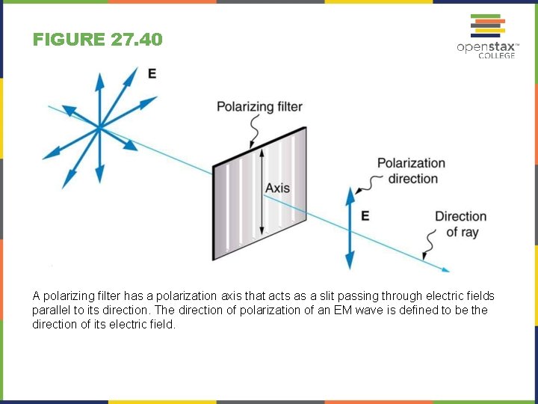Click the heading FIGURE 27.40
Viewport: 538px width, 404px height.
tap(97, 40)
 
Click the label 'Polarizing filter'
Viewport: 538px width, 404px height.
tap(259, 106)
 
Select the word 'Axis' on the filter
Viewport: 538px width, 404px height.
tap(277, 188)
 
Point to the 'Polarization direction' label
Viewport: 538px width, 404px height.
tap(410, 171)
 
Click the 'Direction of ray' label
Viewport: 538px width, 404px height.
tap(460, 224)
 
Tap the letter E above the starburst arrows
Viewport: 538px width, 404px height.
tap(152, 73)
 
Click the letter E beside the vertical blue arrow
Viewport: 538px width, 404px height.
tap(365, 215)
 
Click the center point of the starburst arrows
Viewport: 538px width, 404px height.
tap(99, 129)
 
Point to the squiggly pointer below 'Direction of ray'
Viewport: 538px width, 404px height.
tap(430, 243)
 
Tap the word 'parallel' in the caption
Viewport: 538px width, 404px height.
tap(50, 310)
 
